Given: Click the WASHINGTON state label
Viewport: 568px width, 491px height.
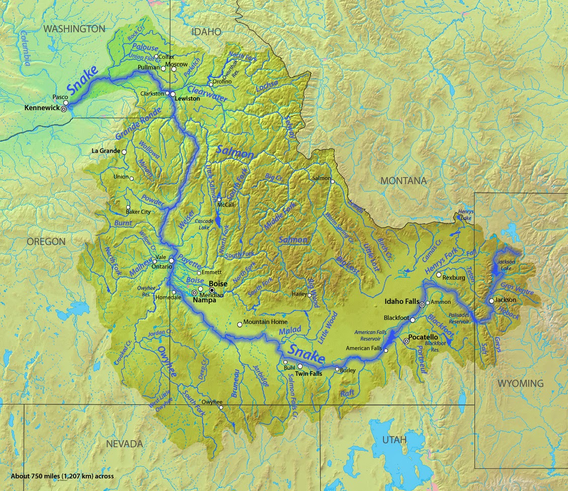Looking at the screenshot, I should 74,29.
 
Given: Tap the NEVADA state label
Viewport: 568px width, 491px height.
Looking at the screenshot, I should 124,444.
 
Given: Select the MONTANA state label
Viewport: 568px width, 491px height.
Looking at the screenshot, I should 403,181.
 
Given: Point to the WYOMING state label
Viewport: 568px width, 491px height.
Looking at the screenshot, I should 520,383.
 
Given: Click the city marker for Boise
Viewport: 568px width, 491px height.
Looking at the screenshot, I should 212,290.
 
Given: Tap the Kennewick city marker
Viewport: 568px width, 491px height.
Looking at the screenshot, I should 64,109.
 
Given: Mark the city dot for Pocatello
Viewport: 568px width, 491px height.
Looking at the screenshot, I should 406,341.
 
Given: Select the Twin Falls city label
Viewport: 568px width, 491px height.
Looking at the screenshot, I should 309,374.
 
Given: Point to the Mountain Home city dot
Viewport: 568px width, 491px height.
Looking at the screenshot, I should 240,324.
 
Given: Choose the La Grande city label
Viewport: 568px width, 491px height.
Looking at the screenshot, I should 106,151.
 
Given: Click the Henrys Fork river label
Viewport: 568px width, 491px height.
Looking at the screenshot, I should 441,261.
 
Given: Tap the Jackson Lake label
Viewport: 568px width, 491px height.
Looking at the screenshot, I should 507,265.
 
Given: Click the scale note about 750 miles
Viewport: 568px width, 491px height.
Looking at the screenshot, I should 62,476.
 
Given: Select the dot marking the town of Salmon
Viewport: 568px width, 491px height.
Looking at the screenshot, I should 332,182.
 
